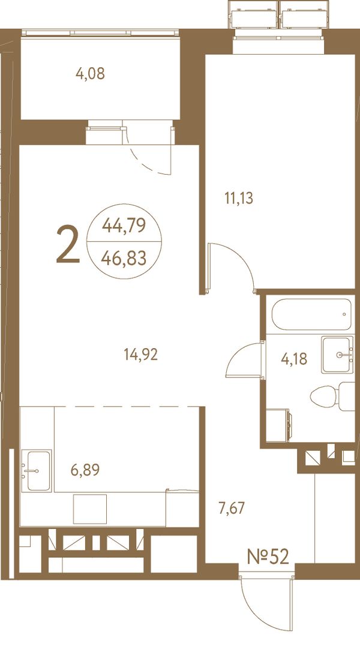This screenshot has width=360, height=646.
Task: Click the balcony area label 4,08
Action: [90, 74]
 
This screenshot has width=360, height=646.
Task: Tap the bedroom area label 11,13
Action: [238, 199]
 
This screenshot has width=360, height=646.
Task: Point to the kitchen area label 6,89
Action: [85, 469]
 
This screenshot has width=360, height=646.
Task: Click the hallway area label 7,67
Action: [232, 508]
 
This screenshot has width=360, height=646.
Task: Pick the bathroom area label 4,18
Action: [294, 359]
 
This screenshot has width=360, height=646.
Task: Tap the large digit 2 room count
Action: [68, 245]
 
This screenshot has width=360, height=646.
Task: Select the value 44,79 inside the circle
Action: [124, 225]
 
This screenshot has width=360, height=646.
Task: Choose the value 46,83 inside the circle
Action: [124, 258]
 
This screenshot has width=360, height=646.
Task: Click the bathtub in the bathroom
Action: [312, 315]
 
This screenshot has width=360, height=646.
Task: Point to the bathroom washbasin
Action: [337, 355]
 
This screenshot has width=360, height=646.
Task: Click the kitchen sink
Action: [37, 471]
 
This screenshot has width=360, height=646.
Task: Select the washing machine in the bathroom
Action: [278, 425]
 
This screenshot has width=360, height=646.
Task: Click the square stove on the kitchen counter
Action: [90, 509]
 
